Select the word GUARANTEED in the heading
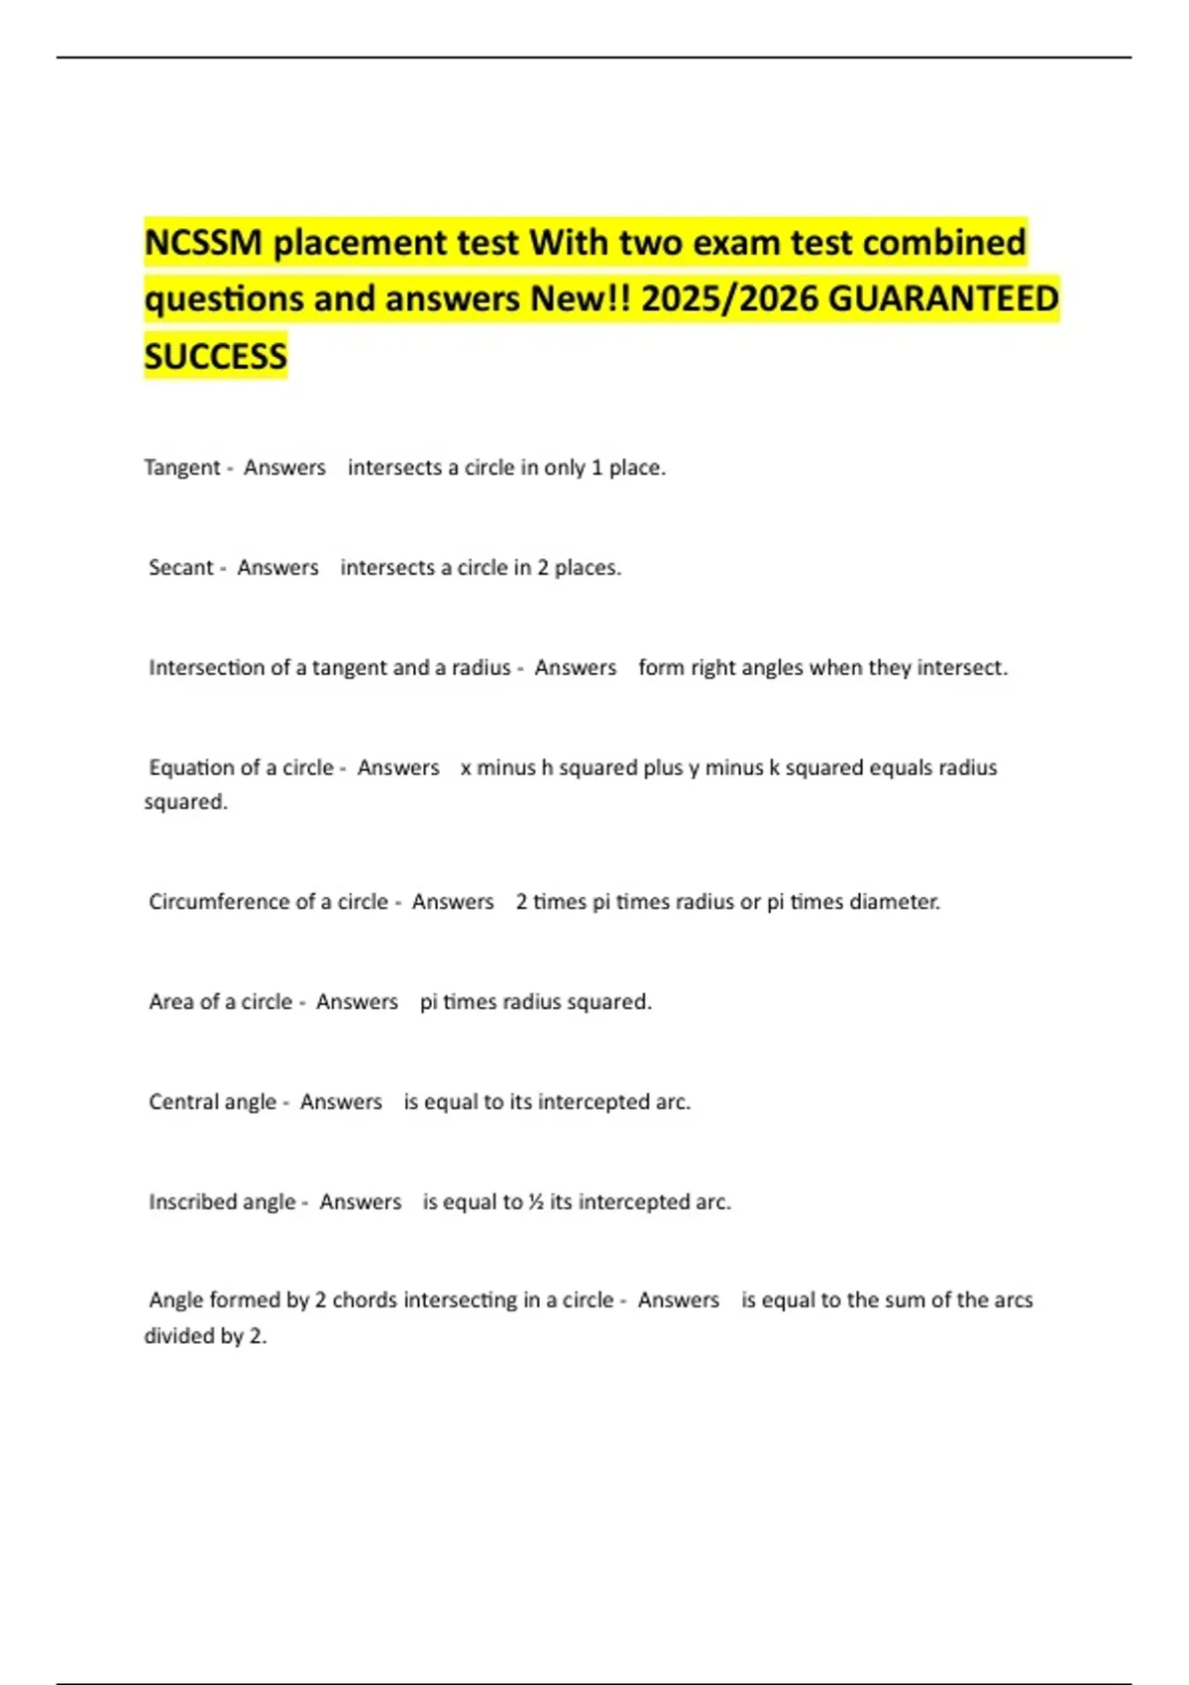[x=942, y=299]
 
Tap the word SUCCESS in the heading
[x=215, y=357]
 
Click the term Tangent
[x=182, y=468]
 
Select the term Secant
[x=180, y=568]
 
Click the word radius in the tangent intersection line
[x=481, y=668]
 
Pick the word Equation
[x=191, y=768]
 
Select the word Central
[x=183, y=1102]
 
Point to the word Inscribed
[x=192, y=1202]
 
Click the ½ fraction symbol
[x=536, y=1202]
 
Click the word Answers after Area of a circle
[x=357, y=1002]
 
